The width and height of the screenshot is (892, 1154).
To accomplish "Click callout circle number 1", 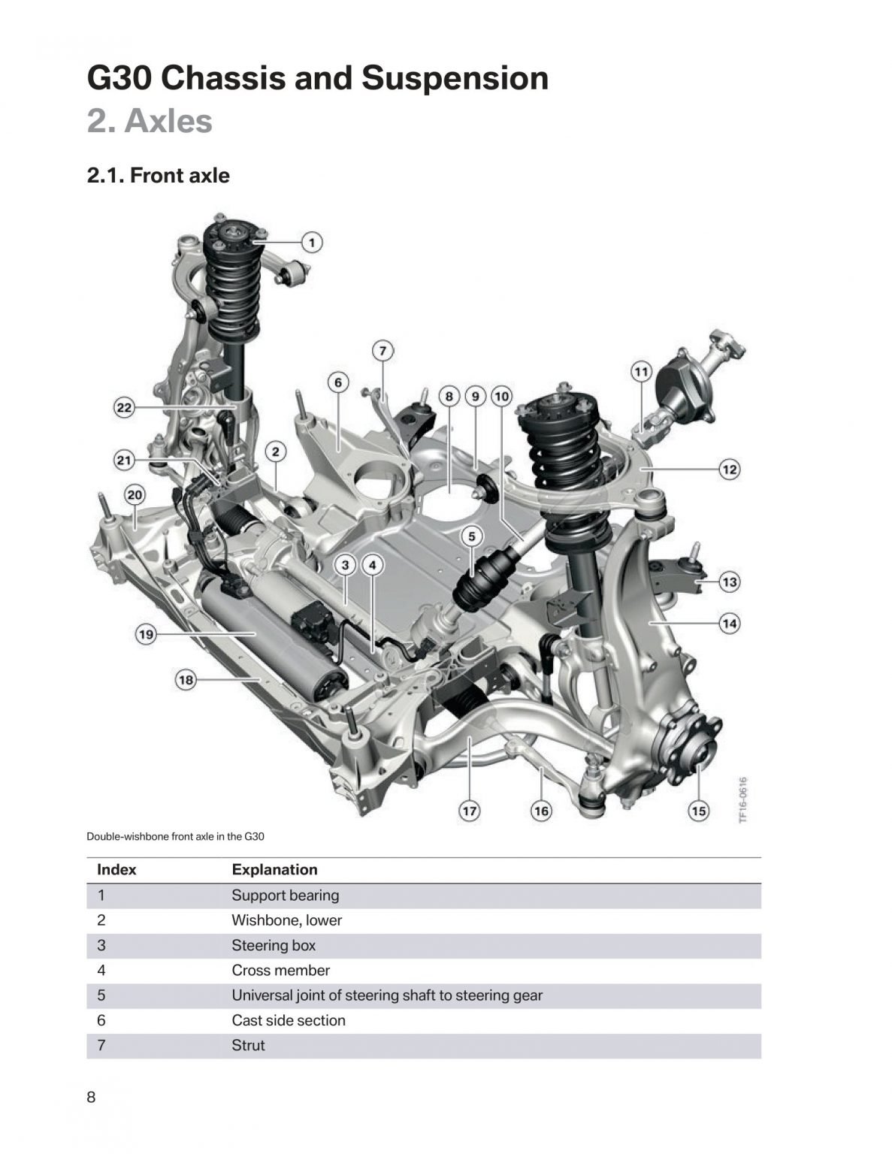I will (312, 242).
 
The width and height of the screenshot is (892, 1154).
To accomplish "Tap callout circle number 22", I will (124, 408).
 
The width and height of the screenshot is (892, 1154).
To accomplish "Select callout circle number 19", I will (146, 634).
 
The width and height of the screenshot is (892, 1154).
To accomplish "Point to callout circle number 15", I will (699, 811).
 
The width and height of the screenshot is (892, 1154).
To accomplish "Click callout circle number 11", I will (640, 371).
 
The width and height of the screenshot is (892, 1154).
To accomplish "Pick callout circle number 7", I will (383, 350).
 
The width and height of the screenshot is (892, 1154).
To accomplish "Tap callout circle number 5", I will (472, 536).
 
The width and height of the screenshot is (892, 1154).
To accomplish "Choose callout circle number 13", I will (729, 582).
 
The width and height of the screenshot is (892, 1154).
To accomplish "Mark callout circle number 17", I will (470, 811).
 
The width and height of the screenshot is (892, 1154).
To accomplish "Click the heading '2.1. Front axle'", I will (159, 176).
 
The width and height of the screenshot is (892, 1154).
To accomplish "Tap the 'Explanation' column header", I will (274, 870).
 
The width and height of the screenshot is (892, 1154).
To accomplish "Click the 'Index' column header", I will (116, 870).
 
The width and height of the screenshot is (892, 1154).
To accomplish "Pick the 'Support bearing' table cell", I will (285, 896).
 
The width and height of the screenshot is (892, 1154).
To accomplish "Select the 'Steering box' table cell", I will (274, 945).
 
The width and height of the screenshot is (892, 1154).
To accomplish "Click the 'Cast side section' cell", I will (289, 1020).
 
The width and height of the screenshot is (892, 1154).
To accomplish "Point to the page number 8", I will (92, 1098).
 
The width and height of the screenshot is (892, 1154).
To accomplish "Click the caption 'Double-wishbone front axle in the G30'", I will (176, 836).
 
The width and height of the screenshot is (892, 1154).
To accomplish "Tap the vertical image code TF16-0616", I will (742, 800).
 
